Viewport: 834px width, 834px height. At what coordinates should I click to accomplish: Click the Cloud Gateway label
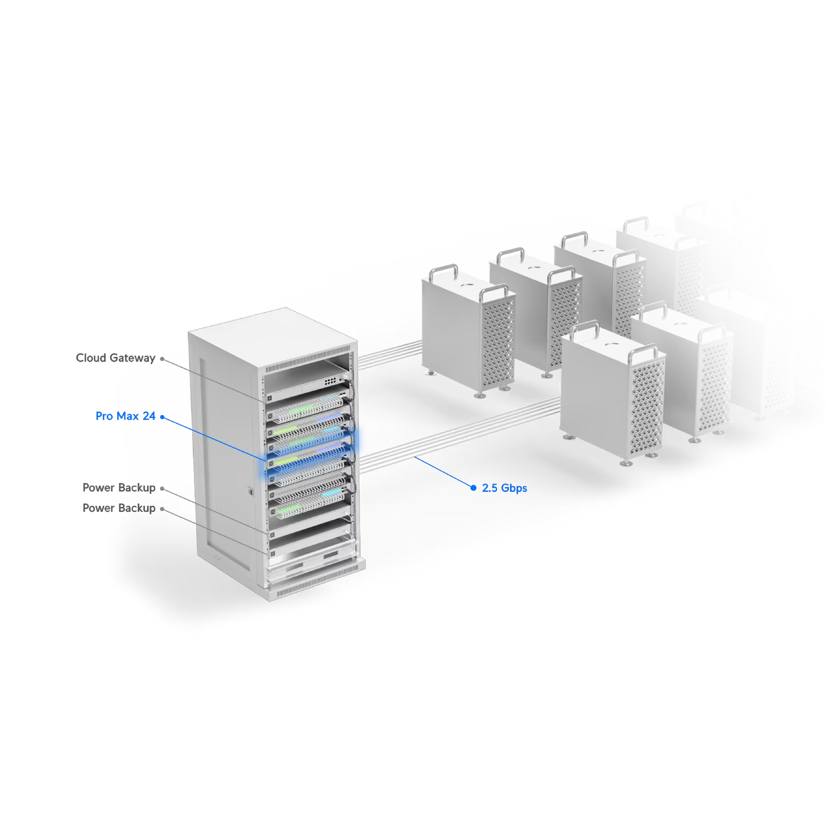[x=115, y=358]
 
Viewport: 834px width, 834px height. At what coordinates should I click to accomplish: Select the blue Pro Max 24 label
[x=125, y=416]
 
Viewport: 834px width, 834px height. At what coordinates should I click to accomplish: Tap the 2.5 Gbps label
[x=504, y=488]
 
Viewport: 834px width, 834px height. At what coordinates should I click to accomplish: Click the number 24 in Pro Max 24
[x=149, y=416]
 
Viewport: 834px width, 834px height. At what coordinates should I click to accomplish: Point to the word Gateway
[x=132, y=358]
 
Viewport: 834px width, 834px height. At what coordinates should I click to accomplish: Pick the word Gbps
[x=514, y=489]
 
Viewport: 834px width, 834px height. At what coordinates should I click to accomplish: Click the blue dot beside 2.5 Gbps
[x=473, y=488]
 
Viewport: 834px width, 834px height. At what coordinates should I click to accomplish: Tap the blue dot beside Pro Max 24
[x=162, y=417]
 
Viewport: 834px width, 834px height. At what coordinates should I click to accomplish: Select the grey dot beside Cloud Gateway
[x=162, y=359]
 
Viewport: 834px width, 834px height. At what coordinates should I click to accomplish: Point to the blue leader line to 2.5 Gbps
[x=444, y=472]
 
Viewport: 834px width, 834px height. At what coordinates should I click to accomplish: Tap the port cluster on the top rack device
[x=331, y=382]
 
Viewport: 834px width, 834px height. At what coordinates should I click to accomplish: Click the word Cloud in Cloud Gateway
[x=91, y=358]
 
